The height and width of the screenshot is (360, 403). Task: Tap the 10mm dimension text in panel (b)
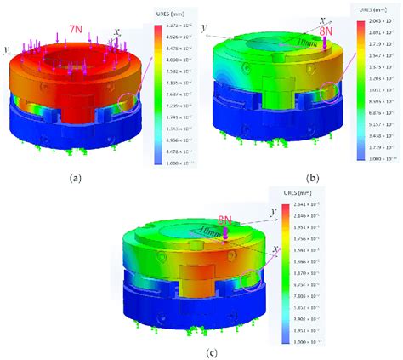click(304, 42)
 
